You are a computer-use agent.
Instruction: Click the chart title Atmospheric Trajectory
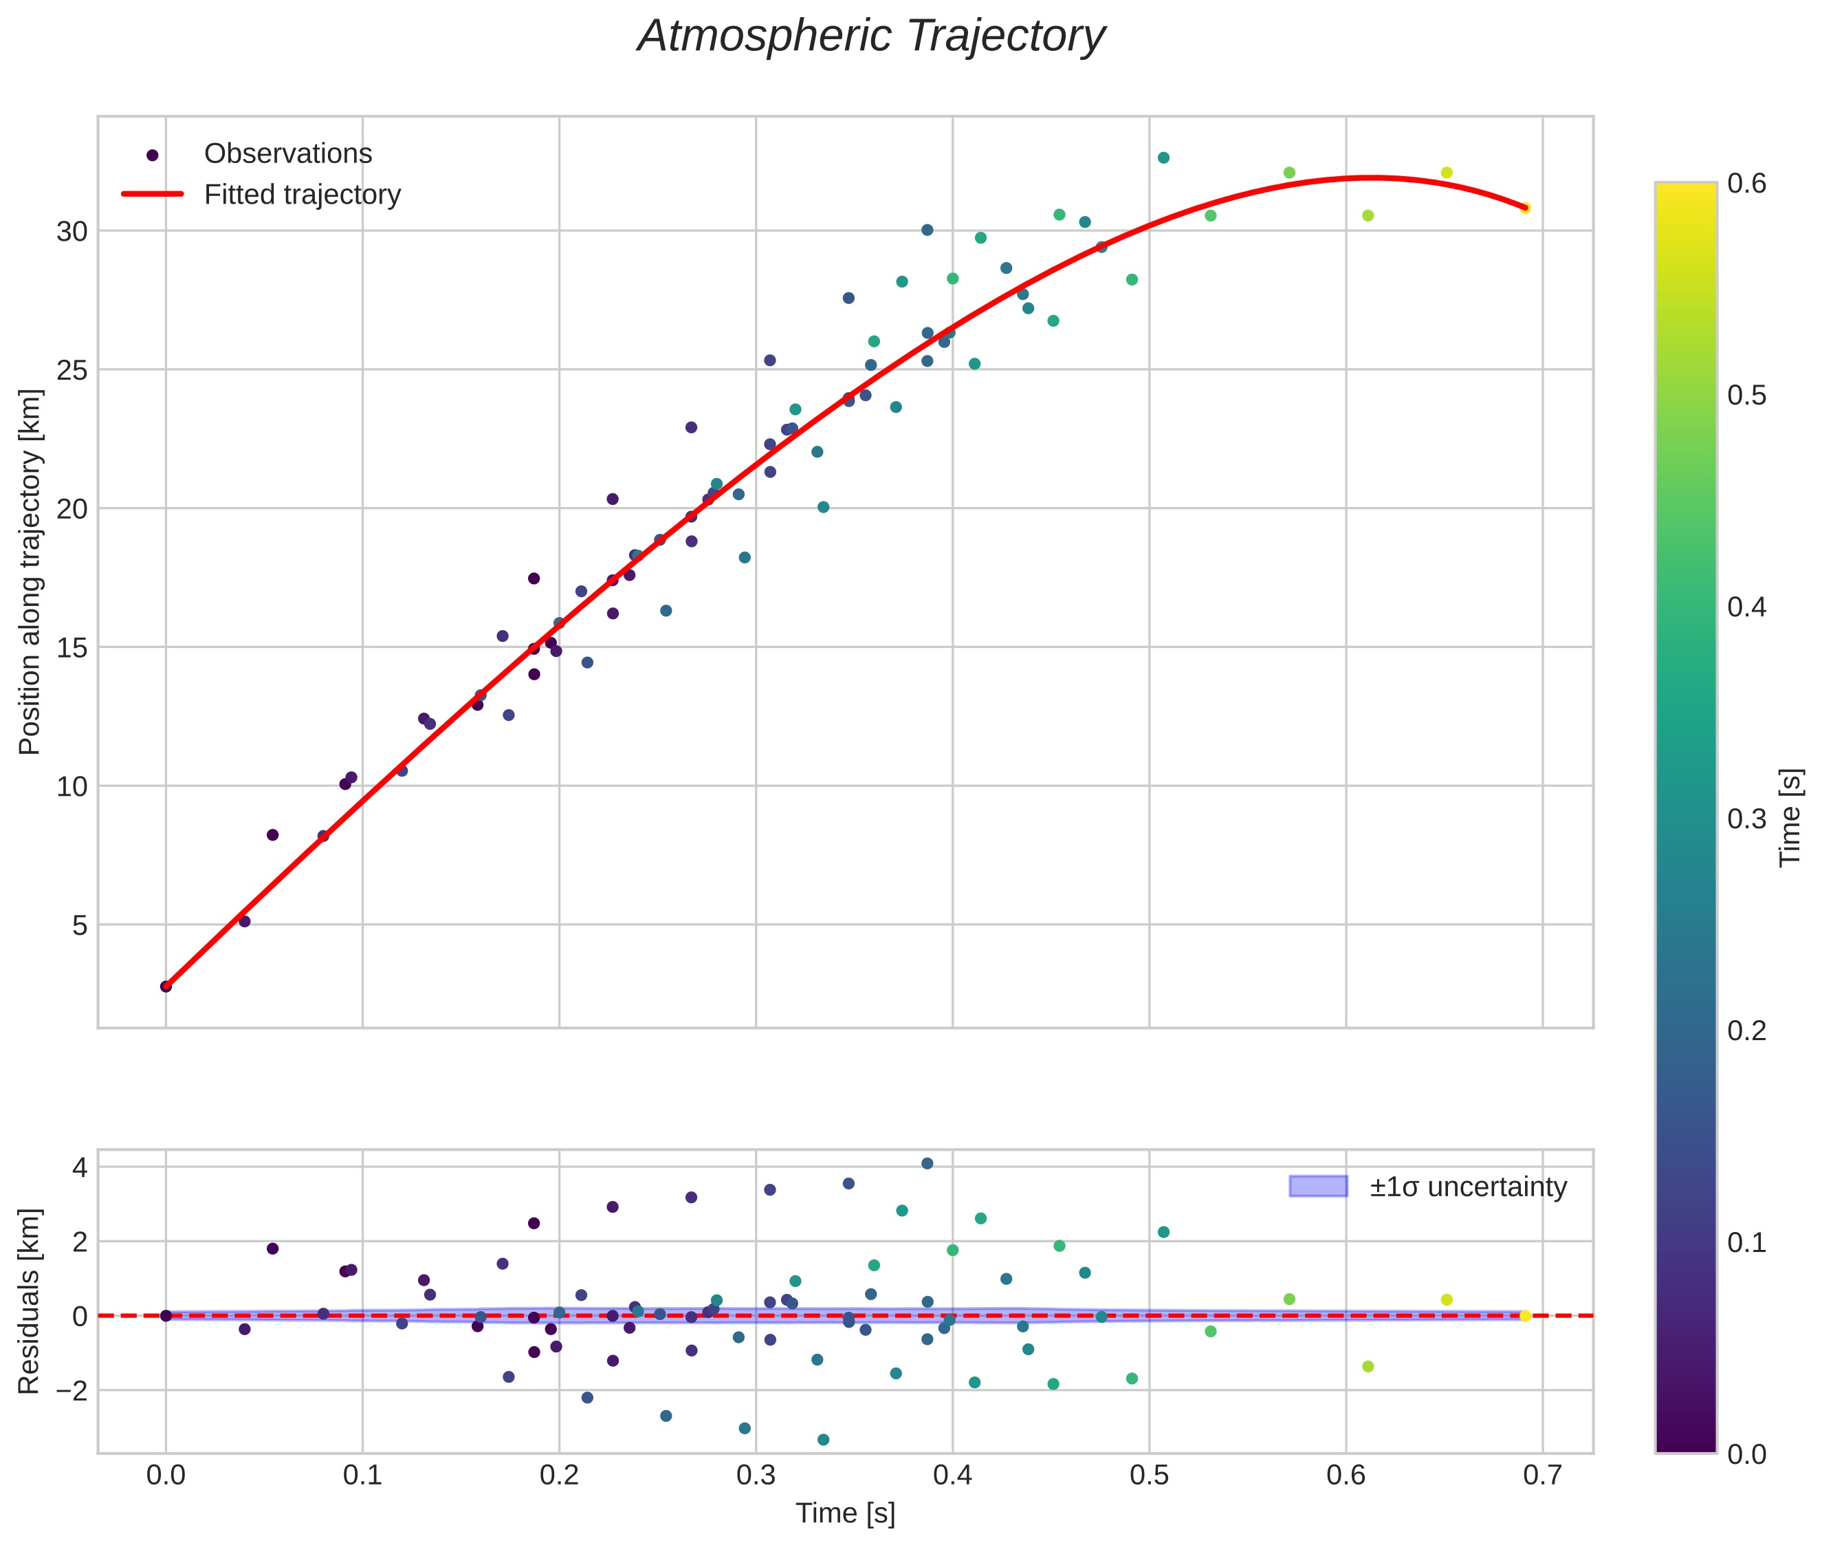(870, 36)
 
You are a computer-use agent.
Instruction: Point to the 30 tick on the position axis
(73, 232)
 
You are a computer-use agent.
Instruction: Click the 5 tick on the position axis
(80, 926)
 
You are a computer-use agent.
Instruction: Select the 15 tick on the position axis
(73, 648)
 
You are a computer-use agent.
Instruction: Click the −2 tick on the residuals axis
(67, 1391)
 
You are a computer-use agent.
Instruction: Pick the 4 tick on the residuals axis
(80, 1167)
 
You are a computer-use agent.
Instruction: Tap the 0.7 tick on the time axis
(1543, 1477)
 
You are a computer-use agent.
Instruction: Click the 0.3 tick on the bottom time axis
(756, 1477)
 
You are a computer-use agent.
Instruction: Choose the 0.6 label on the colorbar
(1746, 184)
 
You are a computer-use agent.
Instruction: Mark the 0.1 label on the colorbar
(1746, 1242)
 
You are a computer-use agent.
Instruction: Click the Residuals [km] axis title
(30, 1301)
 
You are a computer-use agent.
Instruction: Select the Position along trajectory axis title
(30, 572)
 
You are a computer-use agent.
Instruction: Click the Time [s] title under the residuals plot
(845, 1514)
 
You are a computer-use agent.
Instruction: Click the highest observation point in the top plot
(1163, 158)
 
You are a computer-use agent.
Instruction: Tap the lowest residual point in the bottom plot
(823, 1440)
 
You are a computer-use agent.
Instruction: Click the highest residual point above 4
(928, 1163)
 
